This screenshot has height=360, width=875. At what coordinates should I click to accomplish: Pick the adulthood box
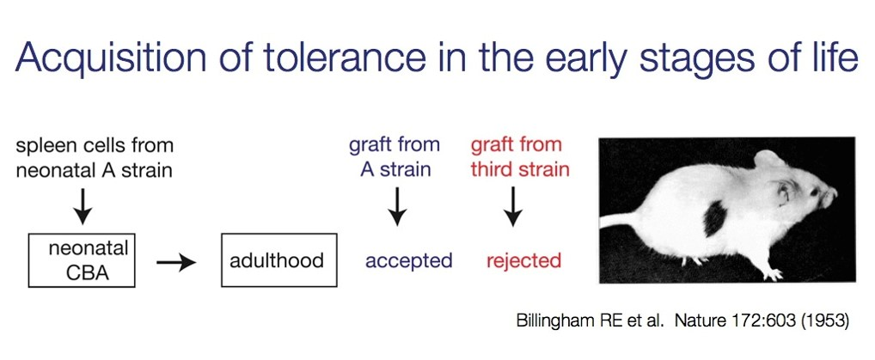276,260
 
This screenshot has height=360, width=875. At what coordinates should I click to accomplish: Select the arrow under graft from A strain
396,206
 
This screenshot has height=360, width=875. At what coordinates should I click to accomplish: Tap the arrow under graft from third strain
513,206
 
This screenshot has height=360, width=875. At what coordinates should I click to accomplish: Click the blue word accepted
409,260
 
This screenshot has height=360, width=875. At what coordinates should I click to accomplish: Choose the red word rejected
523,260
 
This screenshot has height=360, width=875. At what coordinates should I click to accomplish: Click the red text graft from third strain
519,156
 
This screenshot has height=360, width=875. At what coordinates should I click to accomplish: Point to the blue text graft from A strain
395,156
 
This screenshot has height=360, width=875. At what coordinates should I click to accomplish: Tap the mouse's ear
783,192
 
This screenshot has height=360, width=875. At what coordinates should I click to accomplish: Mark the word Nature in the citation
700,321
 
